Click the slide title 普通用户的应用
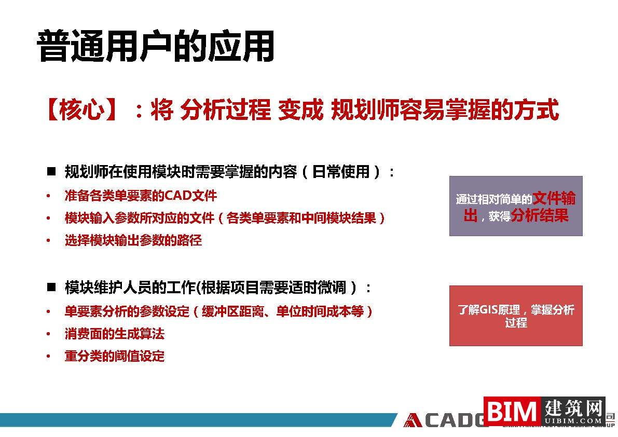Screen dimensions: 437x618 [156, 47]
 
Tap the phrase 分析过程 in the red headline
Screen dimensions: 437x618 [225, 110]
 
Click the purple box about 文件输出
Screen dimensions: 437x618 [515, 206]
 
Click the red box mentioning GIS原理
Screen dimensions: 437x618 [515, 316]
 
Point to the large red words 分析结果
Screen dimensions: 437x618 [540, 215]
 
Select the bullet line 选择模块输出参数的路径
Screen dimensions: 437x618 [133, 240]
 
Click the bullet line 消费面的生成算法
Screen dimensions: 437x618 [114, 334]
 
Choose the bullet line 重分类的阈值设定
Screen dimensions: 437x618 [114, 356]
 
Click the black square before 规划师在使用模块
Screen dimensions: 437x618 [51, 171]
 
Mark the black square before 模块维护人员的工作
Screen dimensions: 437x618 [51, 287]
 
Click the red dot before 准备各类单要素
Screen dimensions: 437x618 [48, 196]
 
